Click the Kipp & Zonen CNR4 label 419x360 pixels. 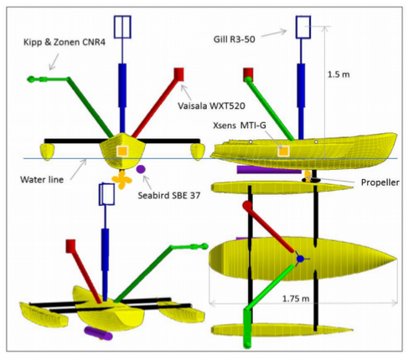(x=65, y=42)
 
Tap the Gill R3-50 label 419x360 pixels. (x=234, y=39)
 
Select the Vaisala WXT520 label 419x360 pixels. (x=211, y=106)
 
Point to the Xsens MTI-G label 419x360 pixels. (x=240, y=126)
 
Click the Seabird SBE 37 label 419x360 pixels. (x=169, y=195)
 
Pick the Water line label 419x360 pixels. (x=42, y=179)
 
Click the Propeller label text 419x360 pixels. (x=380, y=183)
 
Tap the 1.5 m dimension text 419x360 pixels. (x=339, y=75)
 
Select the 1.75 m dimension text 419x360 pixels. (x=296, y=299)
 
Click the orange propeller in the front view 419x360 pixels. (x=122, y=180)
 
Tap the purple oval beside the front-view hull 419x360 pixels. (x=141, y=169)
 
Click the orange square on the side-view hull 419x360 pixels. (x=283, y=152)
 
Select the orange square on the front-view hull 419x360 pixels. (x=122, y=152)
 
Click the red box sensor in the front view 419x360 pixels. (x=178, y=75)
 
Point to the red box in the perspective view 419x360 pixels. (x=70, y=246)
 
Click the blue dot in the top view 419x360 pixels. (x=300, y=259)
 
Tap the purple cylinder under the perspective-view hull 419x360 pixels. (x=98, y=333)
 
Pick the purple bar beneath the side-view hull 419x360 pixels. (x=269, y=170)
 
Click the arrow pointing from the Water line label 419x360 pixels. (x=79, y=169)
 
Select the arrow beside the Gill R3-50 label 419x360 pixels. (x=274, y=33)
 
